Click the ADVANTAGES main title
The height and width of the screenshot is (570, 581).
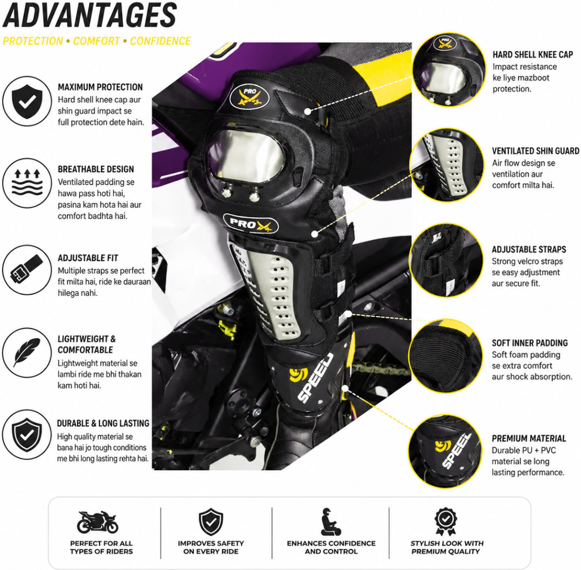[x=89, y=15]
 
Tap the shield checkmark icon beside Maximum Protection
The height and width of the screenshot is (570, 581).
[x=27, y=101]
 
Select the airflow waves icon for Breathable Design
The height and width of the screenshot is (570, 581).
[x=27, y=183]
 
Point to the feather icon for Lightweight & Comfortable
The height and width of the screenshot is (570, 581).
[x=27, y=353]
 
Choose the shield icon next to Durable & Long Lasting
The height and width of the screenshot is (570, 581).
[x=27, y=435]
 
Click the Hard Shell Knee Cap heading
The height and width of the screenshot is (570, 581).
[x=533, y=55]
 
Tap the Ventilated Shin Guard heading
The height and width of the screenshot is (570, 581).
[x=536, y=151]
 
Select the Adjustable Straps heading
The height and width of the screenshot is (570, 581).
[x=529, y=250]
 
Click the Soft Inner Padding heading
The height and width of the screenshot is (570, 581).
[x=529, y=343]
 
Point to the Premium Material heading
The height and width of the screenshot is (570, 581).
[x=529, y=439]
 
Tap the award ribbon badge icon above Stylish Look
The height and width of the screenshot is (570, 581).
[x=445, y=522]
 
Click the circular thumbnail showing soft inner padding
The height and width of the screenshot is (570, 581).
[x=446, y=355]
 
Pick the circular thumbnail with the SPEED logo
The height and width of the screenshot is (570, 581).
[x=446, y=451]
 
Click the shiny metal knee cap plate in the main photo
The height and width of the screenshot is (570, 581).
[x=247, y=157]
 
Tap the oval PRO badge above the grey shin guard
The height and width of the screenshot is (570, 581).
[x=251, y=224]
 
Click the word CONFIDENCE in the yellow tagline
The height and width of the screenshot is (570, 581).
[x=160, y=41]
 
